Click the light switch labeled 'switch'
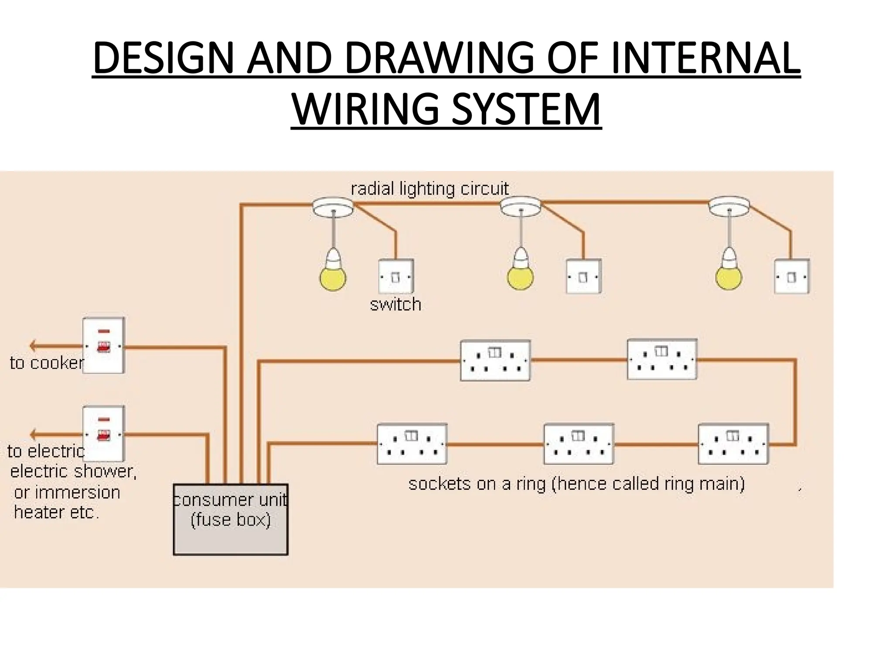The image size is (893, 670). click(x=396, y=277)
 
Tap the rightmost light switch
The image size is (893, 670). click(x=792, y=277)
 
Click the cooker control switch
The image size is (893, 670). click(x=104, y=345)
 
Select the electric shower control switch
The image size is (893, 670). click(x=104, y=434)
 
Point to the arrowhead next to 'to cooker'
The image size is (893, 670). click(x=33, y=346)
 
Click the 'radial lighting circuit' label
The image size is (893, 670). click(x=429, y=189)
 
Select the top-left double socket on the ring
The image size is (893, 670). click(x=495, y=360)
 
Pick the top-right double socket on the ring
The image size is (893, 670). click(x=662, y=359)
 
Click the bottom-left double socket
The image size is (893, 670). click(x=412, y=444)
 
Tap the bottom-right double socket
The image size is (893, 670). click(x=733, y=444)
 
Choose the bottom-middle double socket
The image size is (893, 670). click(x=579, y=444)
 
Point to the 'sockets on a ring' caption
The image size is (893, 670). click(x=576, y=484)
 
